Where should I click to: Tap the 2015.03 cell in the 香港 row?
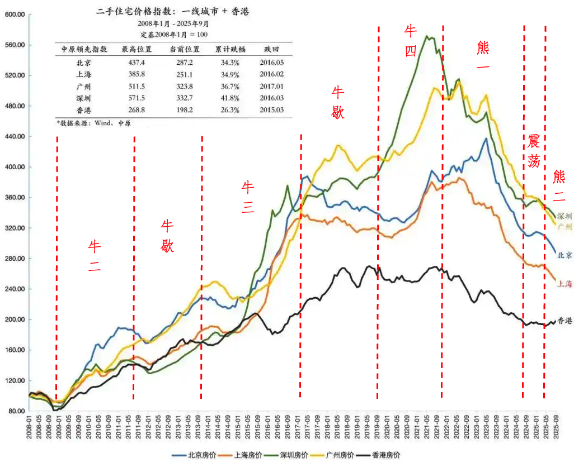point(271,109)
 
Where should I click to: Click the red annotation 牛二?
point(94,256)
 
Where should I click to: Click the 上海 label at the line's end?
point(565,284)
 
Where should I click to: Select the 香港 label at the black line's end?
point(565,321)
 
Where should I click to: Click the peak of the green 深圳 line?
point(427,36)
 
